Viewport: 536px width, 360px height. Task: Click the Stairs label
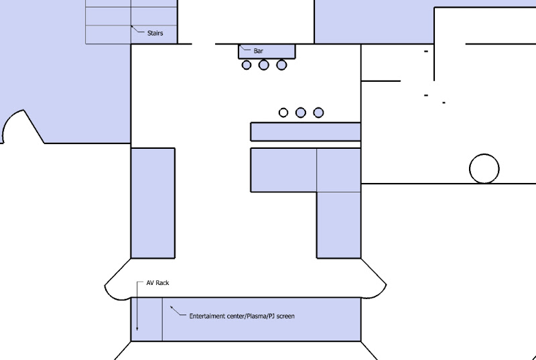(x=155, y=33)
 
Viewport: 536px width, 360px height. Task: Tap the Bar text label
(x=259, y=51)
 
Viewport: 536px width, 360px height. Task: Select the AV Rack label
(x=157, y=283)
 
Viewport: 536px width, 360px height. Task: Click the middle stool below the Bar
(x=263, y=65)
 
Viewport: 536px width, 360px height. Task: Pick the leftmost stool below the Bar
(x=247, y=65)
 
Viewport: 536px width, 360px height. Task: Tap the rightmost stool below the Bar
(x=281, y=65)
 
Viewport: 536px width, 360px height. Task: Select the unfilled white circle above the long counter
(x=283, y=113)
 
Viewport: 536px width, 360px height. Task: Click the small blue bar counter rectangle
(x=267, y=51)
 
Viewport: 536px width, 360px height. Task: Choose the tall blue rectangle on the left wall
(x=153, y=203)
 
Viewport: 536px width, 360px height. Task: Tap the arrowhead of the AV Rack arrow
(x=137, y=328)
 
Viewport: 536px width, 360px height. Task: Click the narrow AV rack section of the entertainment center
(x=147, y=319)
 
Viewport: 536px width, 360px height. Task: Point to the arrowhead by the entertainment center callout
(x=172, y=308)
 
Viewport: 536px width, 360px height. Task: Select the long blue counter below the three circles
(x=306, y=131)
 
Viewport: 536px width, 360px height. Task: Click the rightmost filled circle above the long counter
(x=318, y=113)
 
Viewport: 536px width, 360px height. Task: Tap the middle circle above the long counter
(x=300, y=113)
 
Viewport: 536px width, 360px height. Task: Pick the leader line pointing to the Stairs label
(x=137, y=29)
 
